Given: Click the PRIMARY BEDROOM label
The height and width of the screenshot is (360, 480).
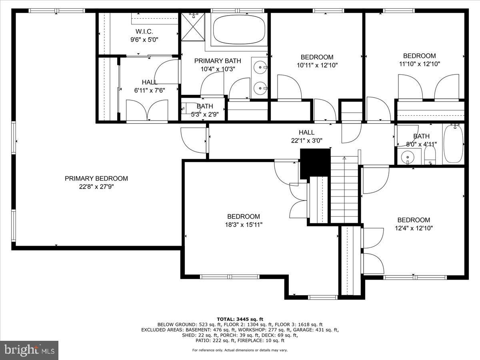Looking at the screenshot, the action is (x=96, y=178).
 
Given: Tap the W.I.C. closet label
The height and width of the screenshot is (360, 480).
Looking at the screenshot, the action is (x=144, y=32).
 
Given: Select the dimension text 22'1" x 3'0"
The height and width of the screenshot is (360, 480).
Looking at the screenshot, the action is (x=306, y=140).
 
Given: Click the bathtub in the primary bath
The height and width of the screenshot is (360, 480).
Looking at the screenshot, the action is (x=239, y=30).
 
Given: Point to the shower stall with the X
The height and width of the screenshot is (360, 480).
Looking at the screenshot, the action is (x=193, y=27).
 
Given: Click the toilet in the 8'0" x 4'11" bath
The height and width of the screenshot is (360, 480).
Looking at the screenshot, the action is (x=430, y=155).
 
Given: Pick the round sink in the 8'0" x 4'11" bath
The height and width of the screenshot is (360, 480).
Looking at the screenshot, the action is (x=408, y=157).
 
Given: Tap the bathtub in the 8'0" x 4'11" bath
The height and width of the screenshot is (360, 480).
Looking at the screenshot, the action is (x=453, y=143).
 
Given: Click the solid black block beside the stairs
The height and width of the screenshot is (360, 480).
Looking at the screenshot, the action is (x=315, y=164).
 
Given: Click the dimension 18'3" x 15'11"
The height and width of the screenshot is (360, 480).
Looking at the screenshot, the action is (x=244, y=224).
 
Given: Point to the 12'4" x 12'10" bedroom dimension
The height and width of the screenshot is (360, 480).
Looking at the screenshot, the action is (x=414, y=228).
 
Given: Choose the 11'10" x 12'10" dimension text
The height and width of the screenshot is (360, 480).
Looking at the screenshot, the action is (x=420, y=64).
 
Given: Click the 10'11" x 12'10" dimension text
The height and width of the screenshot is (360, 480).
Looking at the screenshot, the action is (x=317, y=65).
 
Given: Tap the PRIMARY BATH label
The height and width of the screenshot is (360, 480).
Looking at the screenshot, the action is (x=218, y=61).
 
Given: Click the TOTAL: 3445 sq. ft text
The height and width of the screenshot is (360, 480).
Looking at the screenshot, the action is (x=240, y=319).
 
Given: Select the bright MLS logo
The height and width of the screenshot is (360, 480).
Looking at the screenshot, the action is (x=29, y=350).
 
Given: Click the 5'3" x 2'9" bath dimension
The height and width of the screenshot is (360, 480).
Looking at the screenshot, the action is (x=205, y=114).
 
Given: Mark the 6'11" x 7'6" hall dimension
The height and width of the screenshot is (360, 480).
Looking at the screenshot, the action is (x=150, y=90).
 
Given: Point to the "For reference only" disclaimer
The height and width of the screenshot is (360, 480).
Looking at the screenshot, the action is (x=240, y=350).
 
